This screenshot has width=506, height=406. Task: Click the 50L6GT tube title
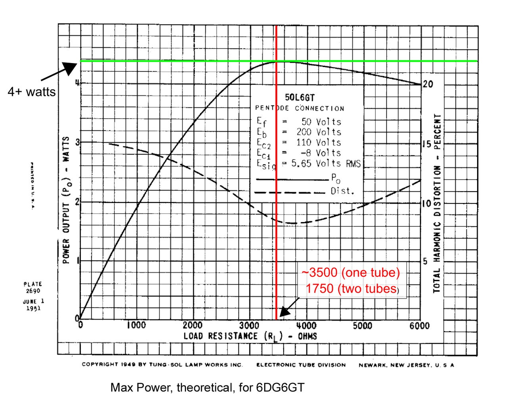click(x=299, y=98)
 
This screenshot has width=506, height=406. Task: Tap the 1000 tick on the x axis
click(x=136, y=326)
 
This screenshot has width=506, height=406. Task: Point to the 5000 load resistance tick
click(x=362, y=326)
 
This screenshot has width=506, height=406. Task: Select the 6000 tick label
click(x=419, y=326)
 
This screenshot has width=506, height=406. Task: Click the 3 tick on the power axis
click(x=78, y=142)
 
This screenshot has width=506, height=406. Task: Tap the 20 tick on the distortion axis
click(x=428, y=84)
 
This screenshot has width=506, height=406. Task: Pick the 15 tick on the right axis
click(x=426, y=144)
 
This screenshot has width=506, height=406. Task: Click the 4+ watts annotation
click(x=32, y=92)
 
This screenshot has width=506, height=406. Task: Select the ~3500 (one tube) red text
click(x=351, y=273)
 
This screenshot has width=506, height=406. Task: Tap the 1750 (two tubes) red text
click(x=352, y=289)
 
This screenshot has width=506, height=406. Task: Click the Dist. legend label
click(x=342, y=191)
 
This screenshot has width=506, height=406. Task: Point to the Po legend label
click(x=335, y=178)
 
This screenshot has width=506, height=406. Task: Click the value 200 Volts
click(x=318, y=132)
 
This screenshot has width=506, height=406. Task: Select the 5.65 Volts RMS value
click(x=326, y=163)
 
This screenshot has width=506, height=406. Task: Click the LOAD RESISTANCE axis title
click(x=250, y=336)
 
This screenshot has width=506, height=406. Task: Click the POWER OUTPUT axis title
click(x=66, y=200)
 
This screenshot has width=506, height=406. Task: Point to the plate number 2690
click(x=33, y=291)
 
